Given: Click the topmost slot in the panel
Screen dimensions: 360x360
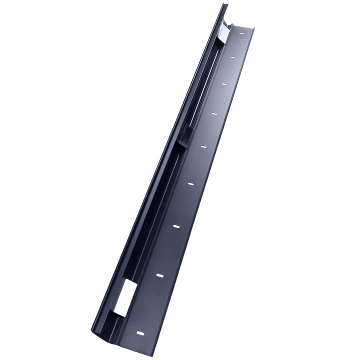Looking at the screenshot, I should point(241,34).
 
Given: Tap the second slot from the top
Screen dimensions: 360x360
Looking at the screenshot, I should point(233,57).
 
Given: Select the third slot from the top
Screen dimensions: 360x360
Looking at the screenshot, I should point(224,83).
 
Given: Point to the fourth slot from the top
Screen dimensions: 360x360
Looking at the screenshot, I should point(214,114).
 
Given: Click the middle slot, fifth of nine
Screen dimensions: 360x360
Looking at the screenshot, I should point(203,146).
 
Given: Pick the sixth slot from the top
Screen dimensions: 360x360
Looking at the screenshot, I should point(191,184).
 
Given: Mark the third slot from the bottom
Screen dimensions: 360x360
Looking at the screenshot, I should point(176,226).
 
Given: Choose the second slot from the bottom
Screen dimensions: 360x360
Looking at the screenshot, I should point(159,275).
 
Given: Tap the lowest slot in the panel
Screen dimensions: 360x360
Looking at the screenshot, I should point(140,332).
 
